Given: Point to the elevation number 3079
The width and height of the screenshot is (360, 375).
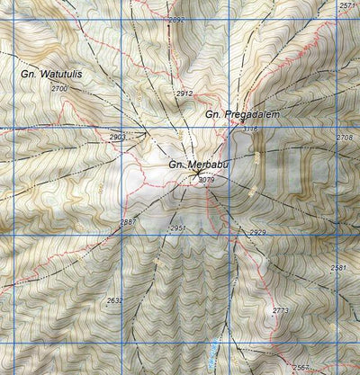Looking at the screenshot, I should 207,180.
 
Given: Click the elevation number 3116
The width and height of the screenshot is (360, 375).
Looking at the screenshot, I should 250,129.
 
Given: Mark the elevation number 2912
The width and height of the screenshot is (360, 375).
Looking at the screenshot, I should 184,94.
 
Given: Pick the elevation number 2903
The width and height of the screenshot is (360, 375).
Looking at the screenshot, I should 118,137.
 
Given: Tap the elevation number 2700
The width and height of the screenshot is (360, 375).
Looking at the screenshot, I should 59,89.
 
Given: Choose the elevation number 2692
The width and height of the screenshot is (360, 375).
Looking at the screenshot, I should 176,19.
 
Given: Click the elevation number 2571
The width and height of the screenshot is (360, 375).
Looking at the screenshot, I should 347,6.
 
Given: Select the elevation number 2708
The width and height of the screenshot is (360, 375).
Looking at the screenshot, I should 344,138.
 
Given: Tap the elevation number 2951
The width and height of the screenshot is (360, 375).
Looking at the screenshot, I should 177,228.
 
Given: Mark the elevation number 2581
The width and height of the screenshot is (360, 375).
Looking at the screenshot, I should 338,268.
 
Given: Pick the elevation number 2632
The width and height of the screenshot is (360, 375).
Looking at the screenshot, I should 114,300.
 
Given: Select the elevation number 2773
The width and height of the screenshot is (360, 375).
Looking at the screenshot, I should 280,310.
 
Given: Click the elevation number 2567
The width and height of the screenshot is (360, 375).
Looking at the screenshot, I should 301,368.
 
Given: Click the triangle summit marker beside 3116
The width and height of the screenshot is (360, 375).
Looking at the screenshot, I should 236,129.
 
